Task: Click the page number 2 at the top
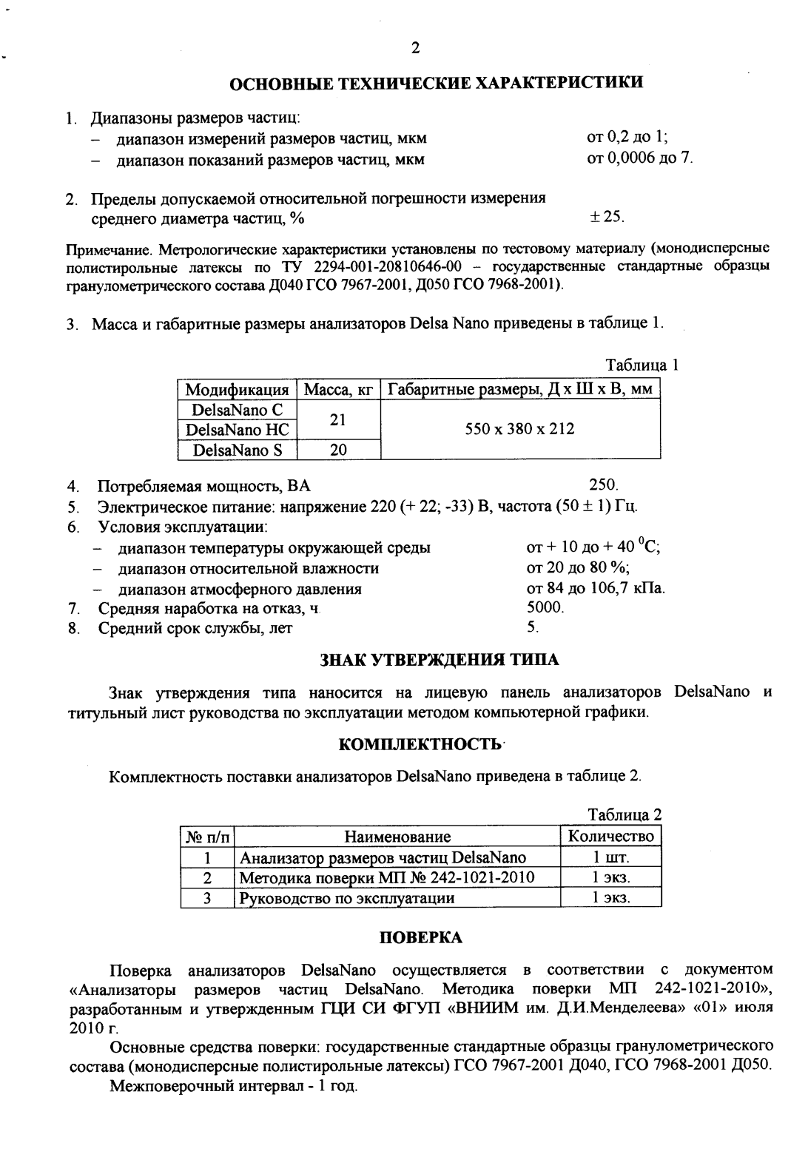tap(414, 48)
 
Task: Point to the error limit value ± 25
tap(606, 217)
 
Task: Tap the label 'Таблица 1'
tap(642, 365)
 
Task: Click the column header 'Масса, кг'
tap(337, 389)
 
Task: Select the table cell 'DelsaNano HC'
tap(237, 430)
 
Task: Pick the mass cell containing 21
tap(337, 419)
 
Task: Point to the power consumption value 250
tap(602, 485)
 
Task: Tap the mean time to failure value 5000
tap(545, 608)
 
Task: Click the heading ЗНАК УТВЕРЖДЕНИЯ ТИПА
tap(439, 660)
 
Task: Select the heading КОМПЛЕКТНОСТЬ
tap(420, 743)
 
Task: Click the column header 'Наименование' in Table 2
tap(397, 837)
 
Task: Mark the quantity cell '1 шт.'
tap(610, 857)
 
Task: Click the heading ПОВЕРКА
tap(420, 937)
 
